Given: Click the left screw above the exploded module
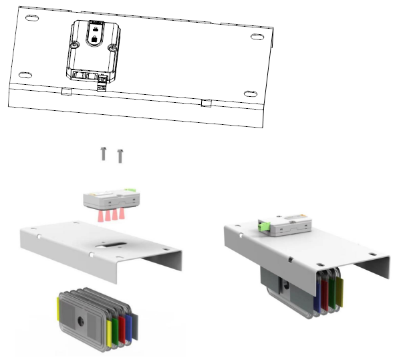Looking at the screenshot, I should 104,154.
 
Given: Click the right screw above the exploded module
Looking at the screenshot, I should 120,156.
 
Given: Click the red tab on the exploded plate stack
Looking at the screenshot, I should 121,328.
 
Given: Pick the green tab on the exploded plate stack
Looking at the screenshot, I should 114,331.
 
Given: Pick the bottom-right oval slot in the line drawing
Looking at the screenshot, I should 249,94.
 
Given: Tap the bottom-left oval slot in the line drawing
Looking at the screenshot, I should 25,73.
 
